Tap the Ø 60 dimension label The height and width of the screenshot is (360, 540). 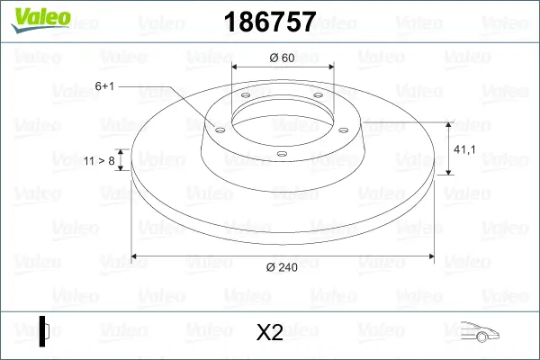pyautogui.click(x=283, y=58)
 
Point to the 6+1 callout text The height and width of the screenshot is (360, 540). pyautogui.click(x=104, y=85)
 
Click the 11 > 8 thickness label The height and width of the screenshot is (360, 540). pyautogui.click(x=98, y=160)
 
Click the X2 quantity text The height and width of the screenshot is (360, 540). pyautogui.click(x=270, y=333)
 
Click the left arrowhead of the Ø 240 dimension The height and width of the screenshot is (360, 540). pyautogui.click(x=136, y=257)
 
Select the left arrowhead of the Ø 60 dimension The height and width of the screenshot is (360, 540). pyautogui.click(x=236, y=67)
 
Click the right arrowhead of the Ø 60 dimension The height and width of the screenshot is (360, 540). pyautogui.click(x=330, y=67)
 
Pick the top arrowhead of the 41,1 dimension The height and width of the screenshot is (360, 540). pyautogui.click(x=449, y=123)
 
